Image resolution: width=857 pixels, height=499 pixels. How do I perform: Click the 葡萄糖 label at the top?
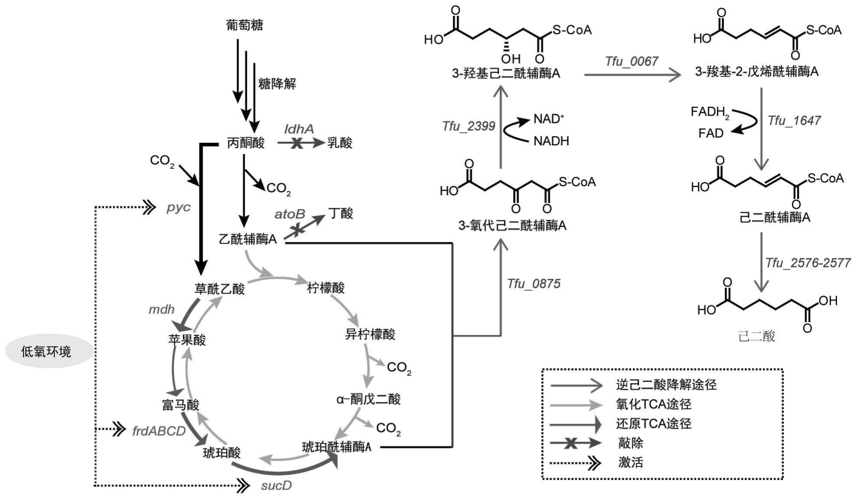[244, 25]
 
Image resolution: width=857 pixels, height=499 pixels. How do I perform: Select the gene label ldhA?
[299, 129]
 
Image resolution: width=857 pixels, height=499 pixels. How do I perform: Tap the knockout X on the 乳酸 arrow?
[297, 143]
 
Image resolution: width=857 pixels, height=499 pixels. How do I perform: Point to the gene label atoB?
[289, 214]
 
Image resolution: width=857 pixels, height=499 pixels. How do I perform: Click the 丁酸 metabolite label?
[341, 213]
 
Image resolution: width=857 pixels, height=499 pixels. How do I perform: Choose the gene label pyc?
[179, 207]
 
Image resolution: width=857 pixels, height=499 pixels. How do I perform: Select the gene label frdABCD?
[159, 431]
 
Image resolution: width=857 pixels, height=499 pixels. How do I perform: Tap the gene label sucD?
[276, 486]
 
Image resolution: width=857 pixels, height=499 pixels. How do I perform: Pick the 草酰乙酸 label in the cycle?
[220, 289]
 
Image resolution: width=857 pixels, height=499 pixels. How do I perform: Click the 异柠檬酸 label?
[370, 334]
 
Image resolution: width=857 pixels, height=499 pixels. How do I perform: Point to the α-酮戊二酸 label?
[369, 399]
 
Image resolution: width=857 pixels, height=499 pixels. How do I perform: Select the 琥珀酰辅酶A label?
[337, 447]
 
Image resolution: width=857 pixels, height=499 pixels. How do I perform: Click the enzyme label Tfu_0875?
[534, 284]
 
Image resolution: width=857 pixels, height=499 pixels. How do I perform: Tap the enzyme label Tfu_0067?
[632, 61]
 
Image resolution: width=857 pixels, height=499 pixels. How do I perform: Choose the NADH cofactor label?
[551, 141]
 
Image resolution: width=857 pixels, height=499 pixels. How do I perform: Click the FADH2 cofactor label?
[710, 113]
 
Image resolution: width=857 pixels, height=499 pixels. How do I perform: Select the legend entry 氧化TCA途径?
[653, 404]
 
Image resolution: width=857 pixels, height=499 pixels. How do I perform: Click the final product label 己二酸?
[756, 336]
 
